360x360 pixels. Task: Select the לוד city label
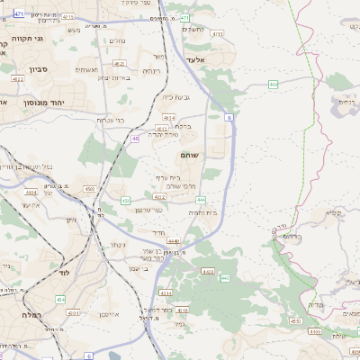tap(63, 272)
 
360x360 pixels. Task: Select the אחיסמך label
tap(108, 315)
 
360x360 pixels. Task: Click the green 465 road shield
tap(273, 84)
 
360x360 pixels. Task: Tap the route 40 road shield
tap(136, 139)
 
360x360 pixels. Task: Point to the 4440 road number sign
tap(173, 241)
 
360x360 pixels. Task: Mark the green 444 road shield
tap(201, 200)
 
